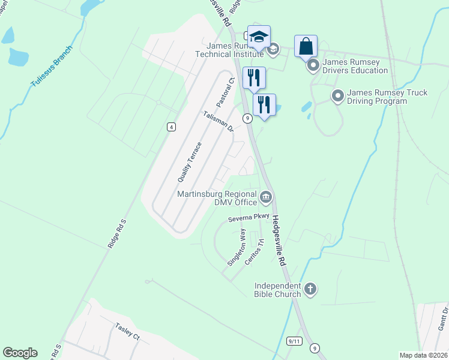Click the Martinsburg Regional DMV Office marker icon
click(x=267, y=196)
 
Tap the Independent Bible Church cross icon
click(x=310, y=290)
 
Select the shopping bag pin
click(x=306, y=46)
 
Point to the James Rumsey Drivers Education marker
click(x=313, y=65)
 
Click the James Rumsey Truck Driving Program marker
click(x=337, y=95)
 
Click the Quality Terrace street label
click(x=189, y=162)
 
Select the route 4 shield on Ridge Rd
click(x=171, y=126)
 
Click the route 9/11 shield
click(x=294, y=340)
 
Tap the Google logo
click(x=20, y=353)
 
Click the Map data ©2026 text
click(x=423, y=355)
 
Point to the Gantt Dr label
click(x=445, y=317)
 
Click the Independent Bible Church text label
click(x=280, y=290)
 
